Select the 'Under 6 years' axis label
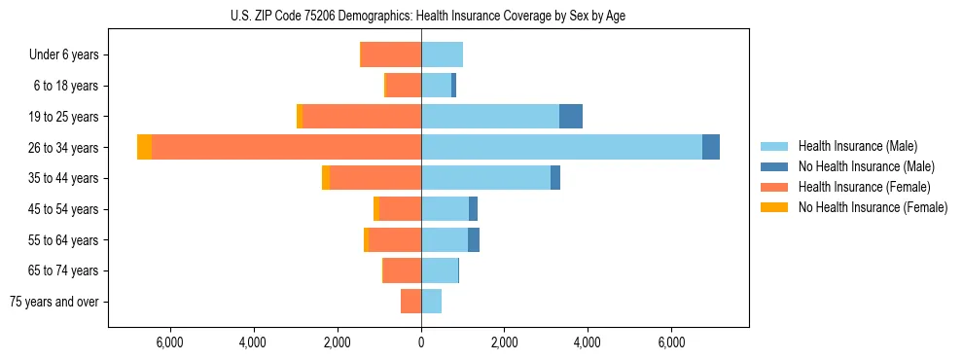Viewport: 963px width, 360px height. [64, 55]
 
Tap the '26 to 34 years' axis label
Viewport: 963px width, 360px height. [64, 148]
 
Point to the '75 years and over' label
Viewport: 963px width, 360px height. [54, 302]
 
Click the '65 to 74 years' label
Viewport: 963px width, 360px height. [64, 270]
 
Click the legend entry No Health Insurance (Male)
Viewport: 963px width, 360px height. [866, 166]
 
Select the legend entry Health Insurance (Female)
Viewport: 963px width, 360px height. [865, 187]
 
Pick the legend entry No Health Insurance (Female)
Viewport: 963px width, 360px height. [873, 207]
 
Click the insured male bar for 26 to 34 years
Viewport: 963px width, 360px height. [561, 147]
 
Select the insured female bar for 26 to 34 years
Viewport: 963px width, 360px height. [287, 147]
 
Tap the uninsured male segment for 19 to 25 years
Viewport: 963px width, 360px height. [571, 117]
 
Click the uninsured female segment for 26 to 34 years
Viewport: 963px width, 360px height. [144, 147]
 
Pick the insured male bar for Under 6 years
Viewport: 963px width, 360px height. [442, 54]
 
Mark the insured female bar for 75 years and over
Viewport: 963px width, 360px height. [410, 302]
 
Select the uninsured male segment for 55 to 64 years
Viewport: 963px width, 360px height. [474, 239]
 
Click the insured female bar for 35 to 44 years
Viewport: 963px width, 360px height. [375, 178]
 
